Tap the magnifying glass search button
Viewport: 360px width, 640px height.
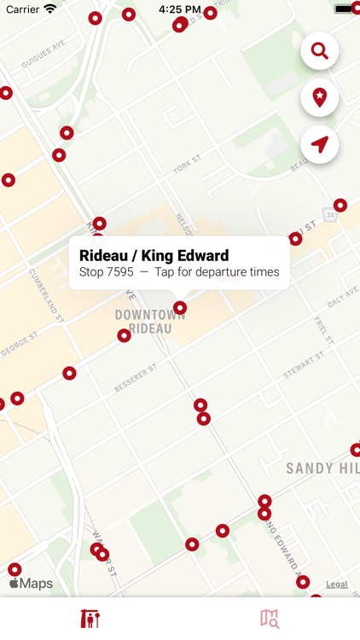[320, 52]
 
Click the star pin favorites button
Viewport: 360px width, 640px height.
[320, 98]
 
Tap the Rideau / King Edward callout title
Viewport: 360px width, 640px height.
[154, 255]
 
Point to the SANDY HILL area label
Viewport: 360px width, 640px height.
[322, 468]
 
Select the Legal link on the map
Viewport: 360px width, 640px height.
[336, 585]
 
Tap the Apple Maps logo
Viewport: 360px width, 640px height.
[31, 585]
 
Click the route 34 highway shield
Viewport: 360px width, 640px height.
[329, 214]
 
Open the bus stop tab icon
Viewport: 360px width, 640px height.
[90, 619]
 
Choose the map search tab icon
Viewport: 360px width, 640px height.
[270, 619]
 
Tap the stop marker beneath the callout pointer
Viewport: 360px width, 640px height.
[180, 307]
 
